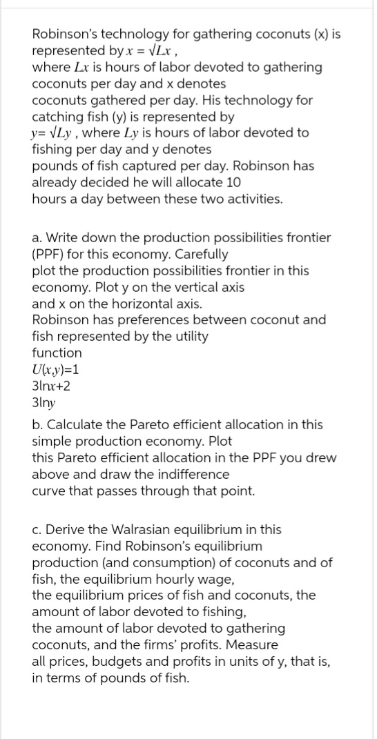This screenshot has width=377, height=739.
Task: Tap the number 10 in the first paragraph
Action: pyautogui.click(x=233, y=182)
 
